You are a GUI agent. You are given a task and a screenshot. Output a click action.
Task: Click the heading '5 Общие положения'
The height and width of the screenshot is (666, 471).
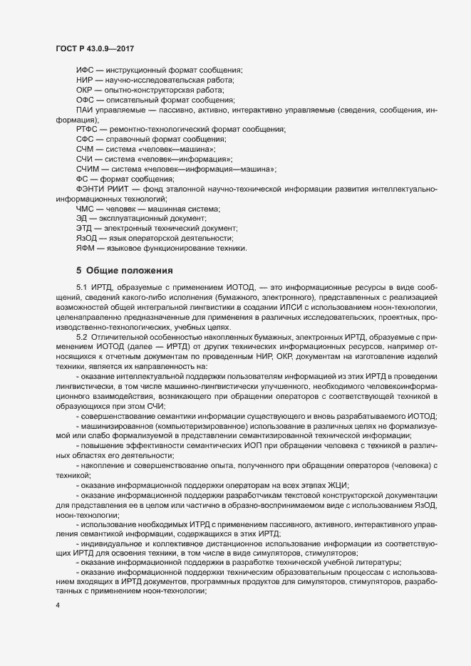tap(122, 270)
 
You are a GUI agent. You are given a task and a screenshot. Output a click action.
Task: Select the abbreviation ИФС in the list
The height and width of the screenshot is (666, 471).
tap(85, 70)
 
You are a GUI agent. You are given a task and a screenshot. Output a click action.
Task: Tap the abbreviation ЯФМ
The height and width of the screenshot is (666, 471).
tap(86, 248)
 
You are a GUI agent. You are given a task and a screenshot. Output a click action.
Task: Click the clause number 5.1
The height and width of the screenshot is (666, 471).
tap(82, 286)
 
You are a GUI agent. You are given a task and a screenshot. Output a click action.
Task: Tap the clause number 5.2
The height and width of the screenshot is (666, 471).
tap(82, 335)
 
